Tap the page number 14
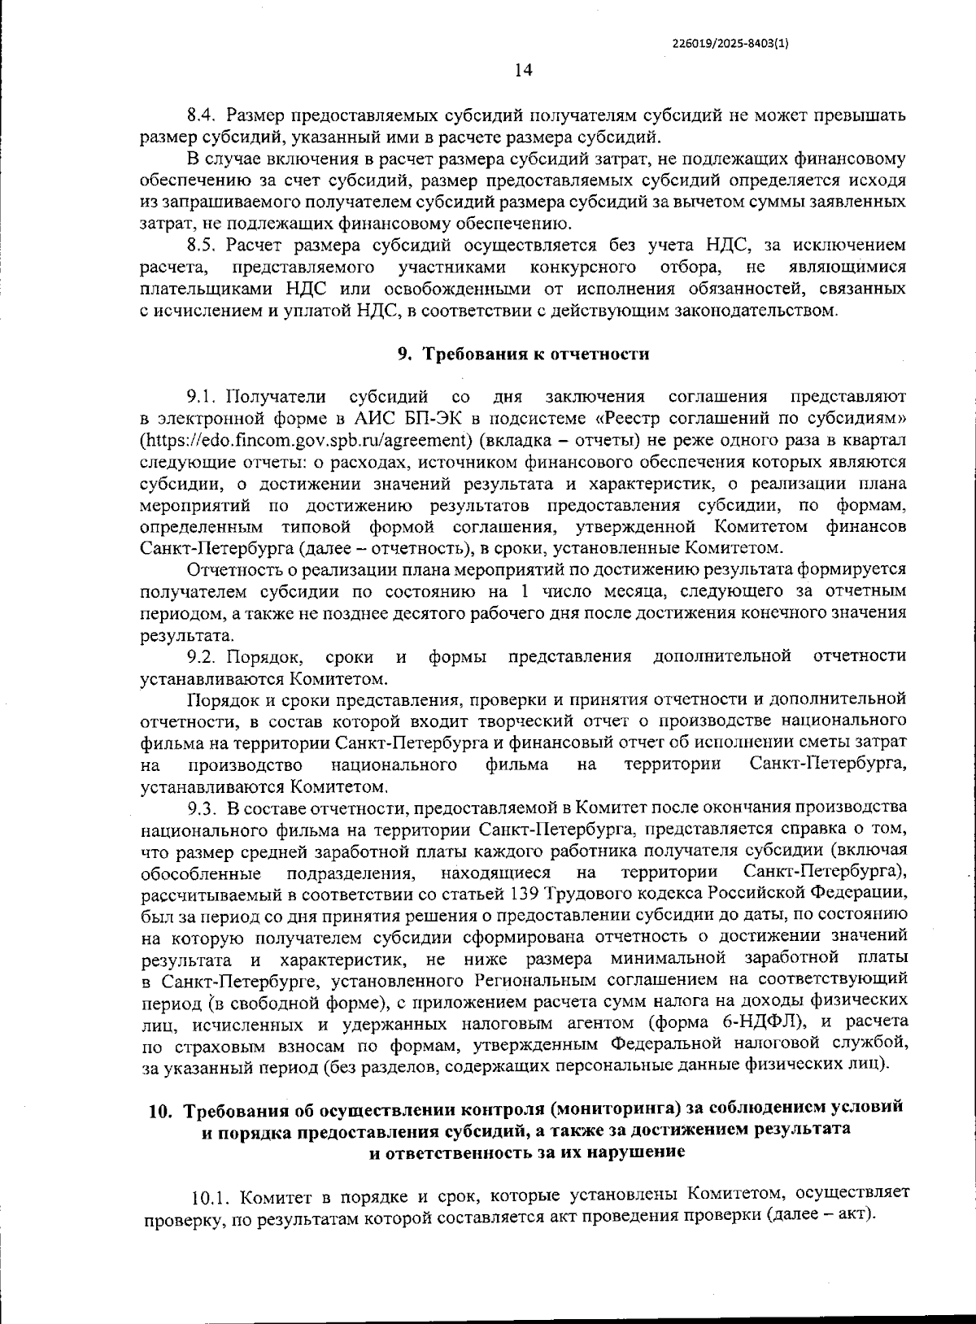tap(523, 71)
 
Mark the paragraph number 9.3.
tap(200, 808)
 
